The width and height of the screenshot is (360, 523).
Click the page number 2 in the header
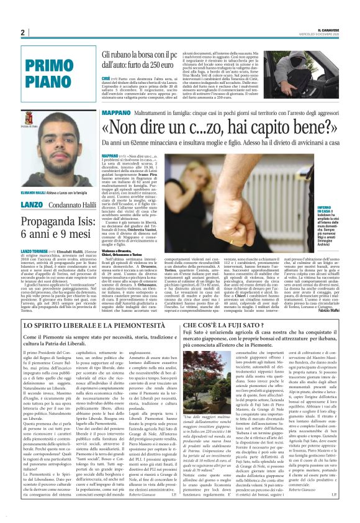[x=23, y=32]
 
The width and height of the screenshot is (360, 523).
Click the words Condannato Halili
[x=66, y=187]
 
